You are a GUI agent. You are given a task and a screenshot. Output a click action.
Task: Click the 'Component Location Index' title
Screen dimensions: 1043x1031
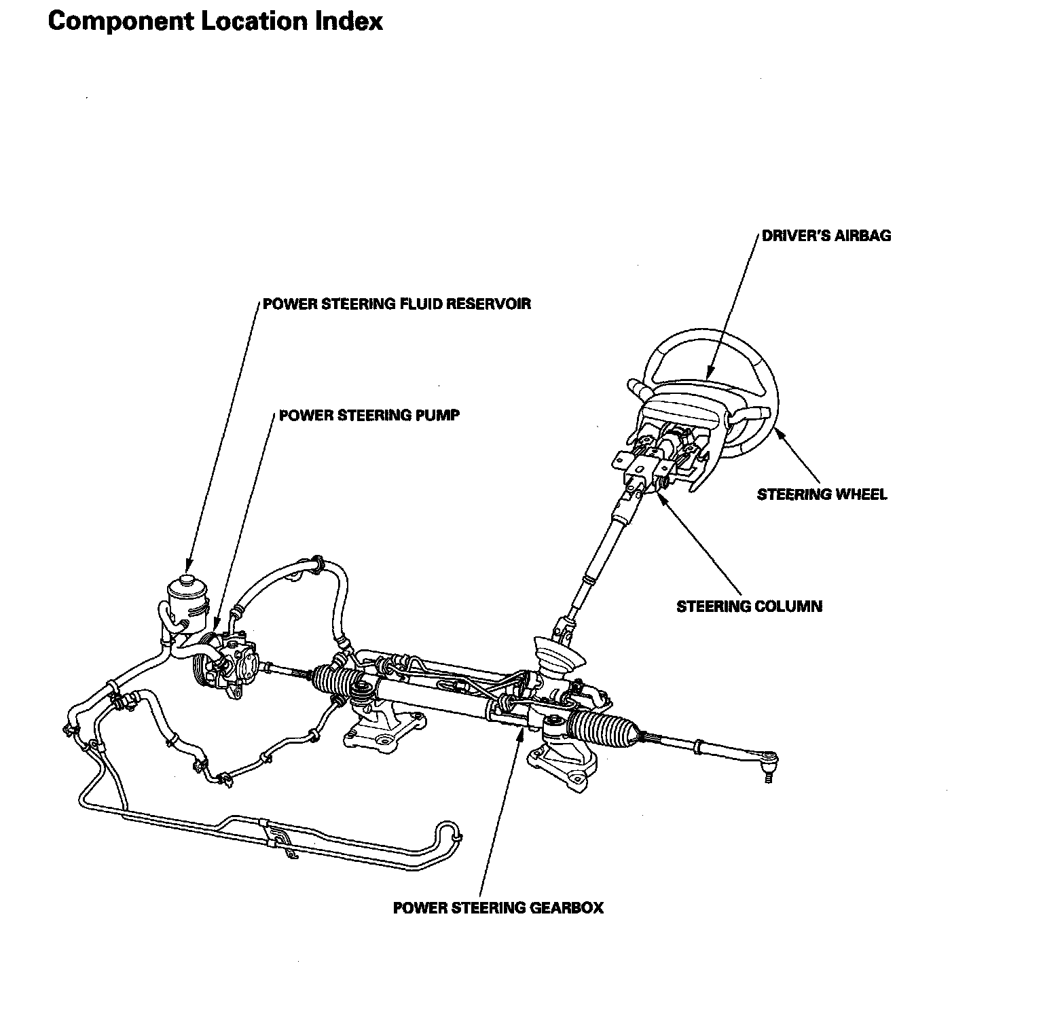(x=215, y=21)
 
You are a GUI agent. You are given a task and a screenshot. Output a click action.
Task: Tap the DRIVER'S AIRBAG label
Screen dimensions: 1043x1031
(x=826, y=236)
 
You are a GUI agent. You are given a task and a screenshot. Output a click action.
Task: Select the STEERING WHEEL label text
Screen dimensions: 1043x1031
(x=822, y=494)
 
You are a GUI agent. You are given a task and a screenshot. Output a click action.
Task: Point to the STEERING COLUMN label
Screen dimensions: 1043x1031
(x=749, y=606)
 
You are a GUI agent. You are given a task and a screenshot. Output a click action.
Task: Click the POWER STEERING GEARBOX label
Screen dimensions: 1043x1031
(x=498, y=907)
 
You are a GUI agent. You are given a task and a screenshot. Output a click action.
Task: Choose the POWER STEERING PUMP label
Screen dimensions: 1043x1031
(x=369, y=415)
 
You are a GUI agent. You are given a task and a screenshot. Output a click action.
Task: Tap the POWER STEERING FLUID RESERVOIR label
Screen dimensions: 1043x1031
(x=397, y=304)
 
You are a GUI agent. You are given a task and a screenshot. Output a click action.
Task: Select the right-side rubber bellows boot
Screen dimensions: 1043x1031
(x=601, y=727)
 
